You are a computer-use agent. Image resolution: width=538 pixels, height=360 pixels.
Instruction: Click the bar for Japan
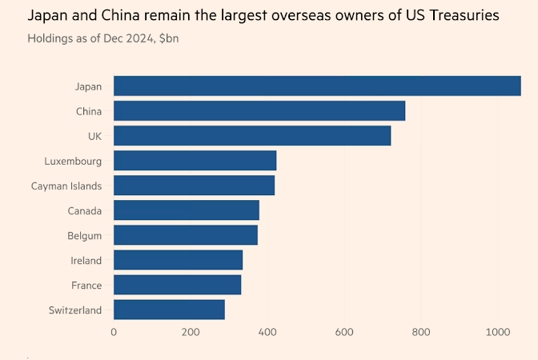click(317, 86)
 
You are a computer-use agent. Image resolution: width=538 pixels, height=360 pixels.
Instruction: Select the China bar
click(259, 110)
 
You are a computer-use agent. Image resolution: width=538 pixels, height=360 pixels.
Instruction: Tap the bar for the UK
click(252, 135)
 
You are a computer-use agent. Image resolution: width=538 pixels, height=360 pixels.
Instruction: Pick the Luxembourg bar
click(195, 161)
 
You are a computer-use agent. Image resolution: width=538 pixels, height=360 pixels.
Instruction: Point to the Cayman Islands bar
click(194, 186)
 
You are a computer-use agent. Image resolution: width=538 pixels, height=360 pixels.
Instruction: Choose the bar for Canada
click(187, 210)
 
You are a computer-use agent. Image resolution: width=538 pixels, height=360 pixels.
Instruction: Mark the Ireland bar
click(178, 260)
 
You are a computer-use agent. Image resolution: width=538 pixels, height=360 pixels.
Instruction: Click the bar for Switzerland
click(169, 310)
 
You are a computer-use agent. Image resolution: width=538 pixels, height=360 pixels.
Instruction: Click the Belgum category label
click(84, 235)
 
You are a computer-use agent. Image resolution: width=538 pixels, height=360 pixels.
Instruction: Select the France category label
click(86, 285)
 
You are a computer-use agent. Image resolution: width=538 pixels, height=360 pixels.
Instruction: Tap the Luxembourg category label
click(73, 161)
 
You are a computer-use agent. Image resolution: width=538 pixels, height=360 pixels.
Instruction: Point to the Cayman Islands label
click(66, 186)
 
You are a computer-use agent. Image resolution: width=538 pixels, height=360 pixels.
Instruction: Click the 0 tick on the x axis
click(114, 332)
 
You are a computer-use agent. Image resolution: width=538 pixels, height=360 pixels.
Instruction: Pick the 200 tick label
click(191, 332)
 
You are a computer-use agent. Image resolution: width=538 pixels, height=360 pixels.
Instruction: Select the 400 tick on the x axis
click(267, 332)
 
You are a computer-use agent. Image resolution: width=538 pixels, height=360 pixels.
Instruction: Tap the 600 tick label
click(344, 332)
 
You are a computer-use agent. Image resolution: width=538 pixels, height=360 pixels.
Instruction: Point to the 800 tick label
click(421, 332)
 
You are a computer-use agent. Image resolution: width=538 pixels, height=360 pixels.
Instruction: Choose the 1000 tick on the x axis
click(497, 332)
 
